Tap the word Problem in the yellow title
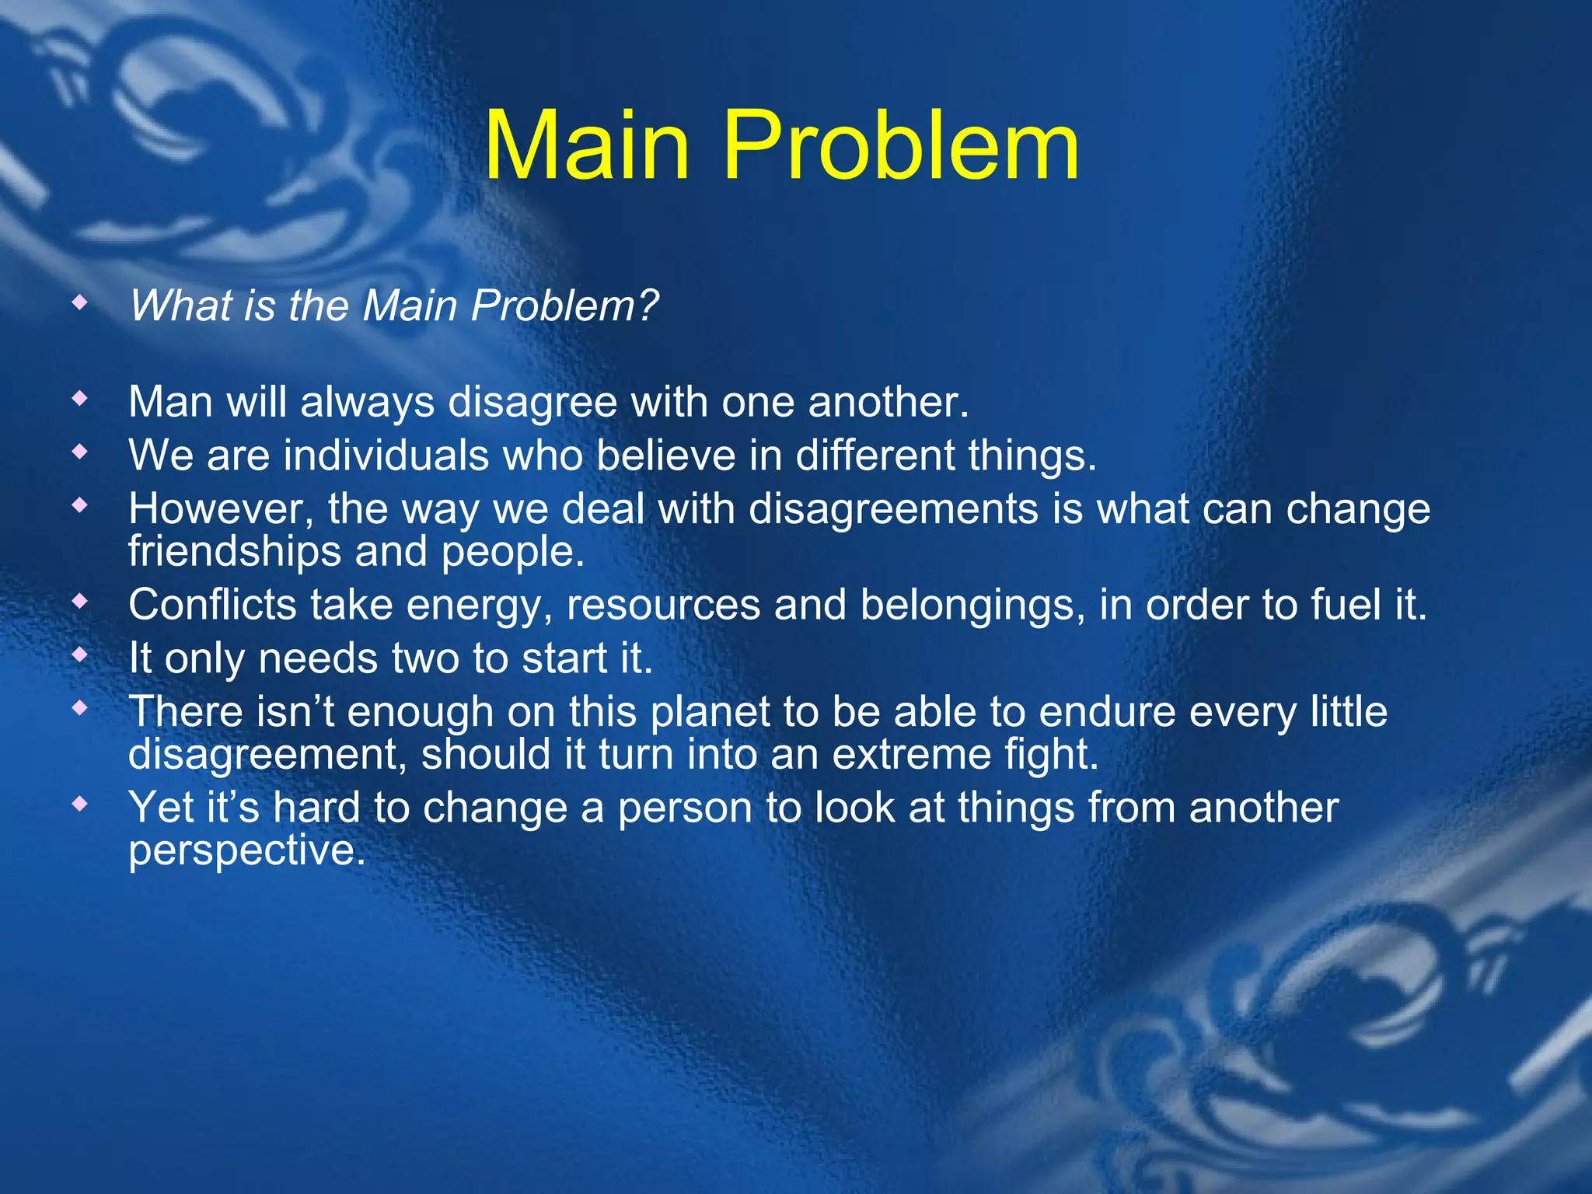pyautogui.click(x=901, y=146)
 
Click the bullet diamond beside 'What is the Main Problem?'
pyautogui.click(x=79, y=302)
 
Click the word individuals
pyautogui.click(x=386, y=456)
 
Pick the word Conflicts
pyautogui.click(x=212, y=605)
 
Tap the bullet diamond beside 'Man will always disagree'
pyautogui.click(x=79, y=399)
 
